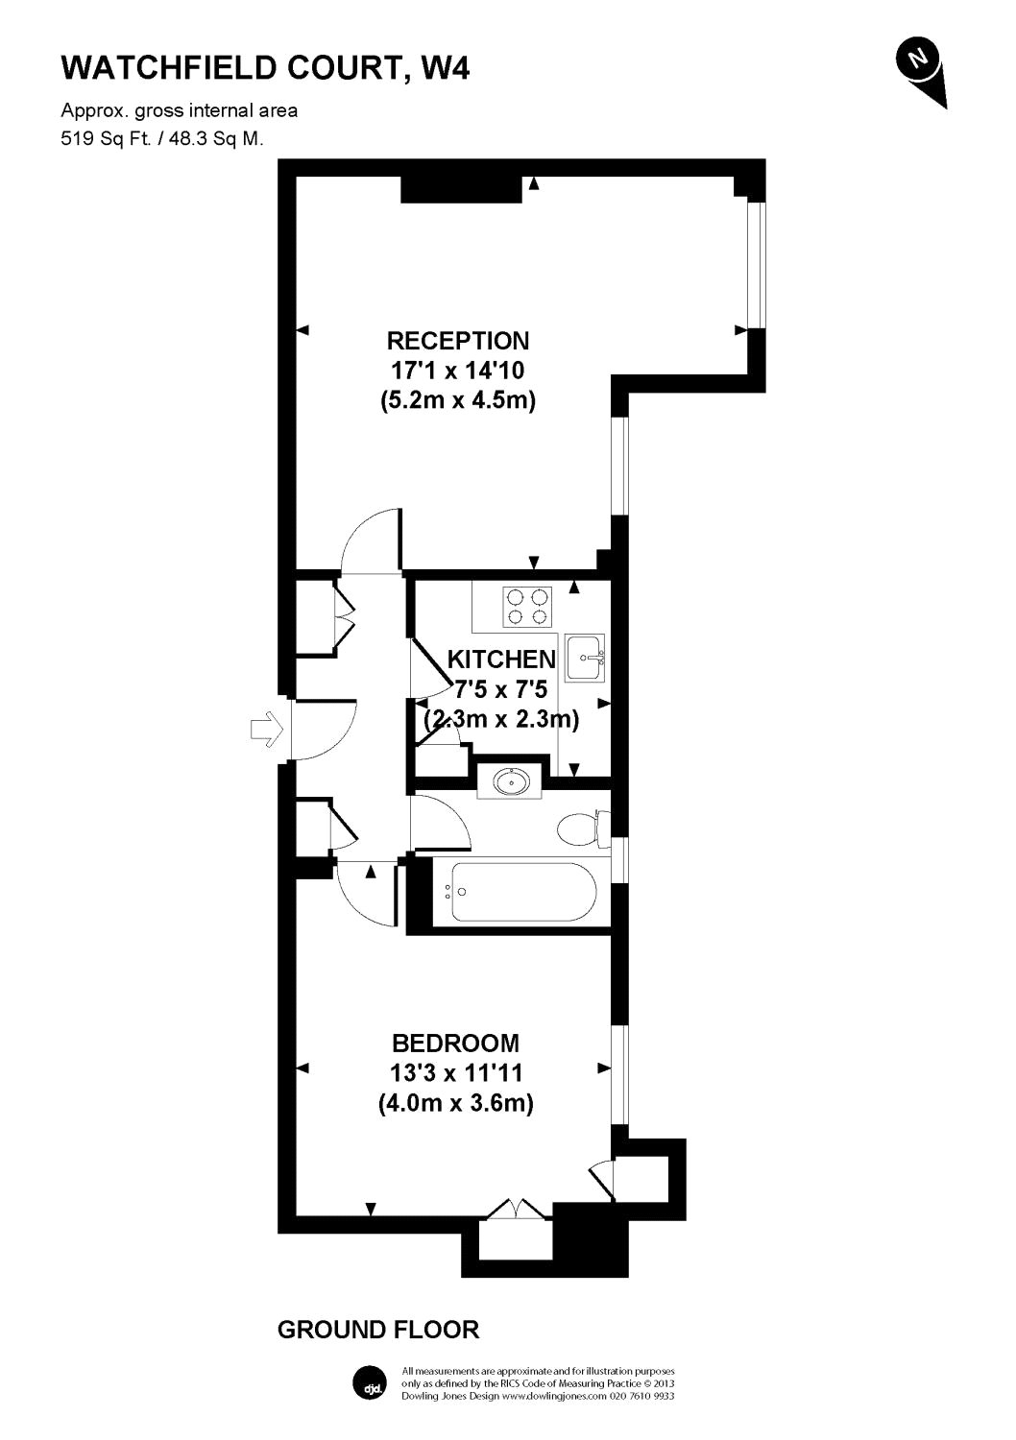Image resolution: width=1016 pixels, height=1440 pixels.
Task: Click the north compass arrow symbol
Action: (x=921, y=68)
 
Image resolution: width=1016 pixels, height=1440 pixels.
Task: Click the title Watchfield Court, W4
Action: (x=265, y=67)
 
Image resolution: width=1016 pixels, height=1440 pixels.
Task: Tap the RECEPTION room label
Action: (x=457, y=341)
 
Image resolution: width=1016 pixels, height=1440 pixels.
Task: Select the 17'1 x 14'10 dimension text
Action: (x=457, y=370)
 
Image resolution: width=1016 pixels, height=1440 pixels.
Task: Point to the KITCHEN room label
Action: (x=501, y=660)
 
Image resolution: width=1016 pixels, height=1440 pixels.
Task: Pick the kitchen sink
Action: (x=584, y=658)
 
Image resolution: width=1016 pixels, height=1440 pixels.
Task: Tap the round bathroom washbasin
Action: (x=510, y=781)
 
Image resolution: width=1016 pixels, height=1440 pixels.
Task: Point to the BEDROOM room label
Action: (x=456, y=1043)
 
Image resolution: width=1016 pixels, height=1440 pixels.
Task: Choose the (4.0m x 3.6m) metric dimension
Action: (x=456, y=1103)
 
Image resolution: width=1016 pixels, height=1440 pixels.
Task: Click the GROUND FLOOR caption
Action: (x=377, y=1330)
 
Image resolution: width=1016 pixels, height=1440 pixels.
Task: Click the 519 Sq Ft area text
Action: (x=161, y=138)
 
